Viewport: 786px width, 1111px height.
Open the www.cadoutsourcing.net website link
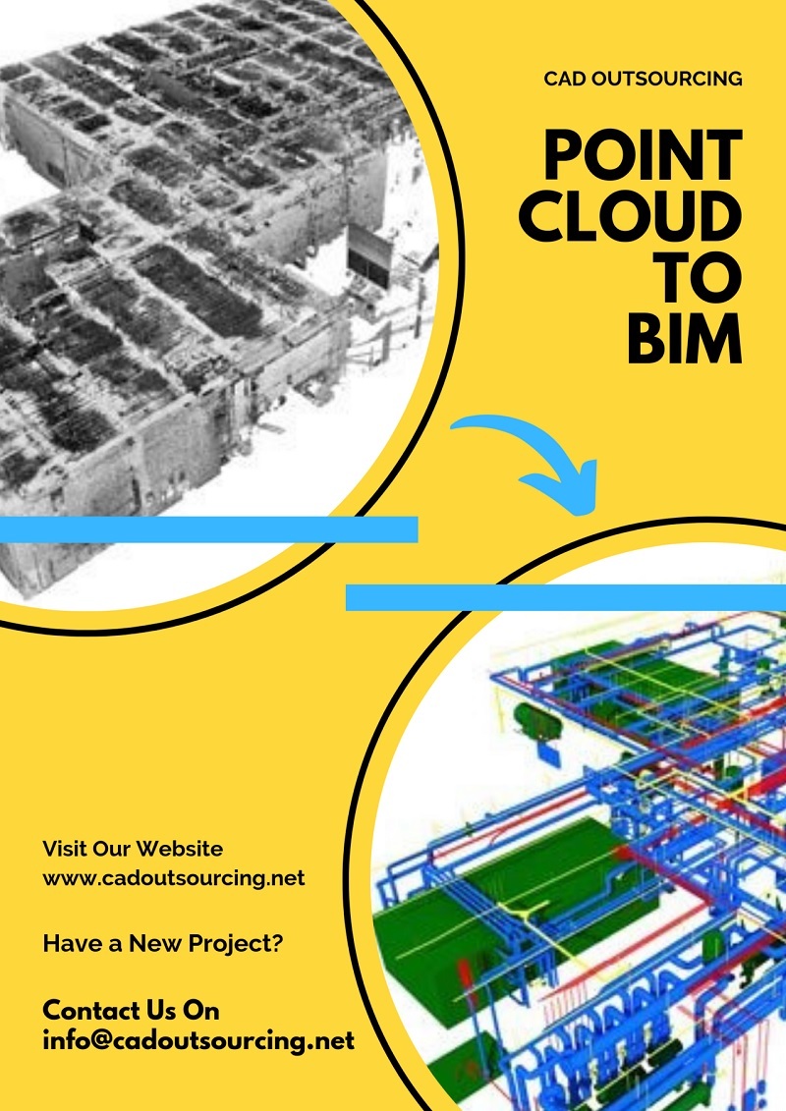(174, 877)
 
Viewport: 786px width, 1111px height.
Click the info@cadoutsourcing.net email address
(198, 1040)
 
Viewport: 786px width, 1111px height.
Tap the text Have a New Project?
(163, 944)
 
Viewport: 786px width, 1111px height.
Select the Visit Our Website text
(133, 849)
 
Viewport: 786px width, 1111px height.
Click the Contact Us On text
(131, 1010)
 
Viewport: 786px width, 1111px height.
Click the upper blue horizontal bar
(208, 529)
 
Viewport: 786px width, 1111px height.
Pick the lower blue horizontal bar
(566, 597)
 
